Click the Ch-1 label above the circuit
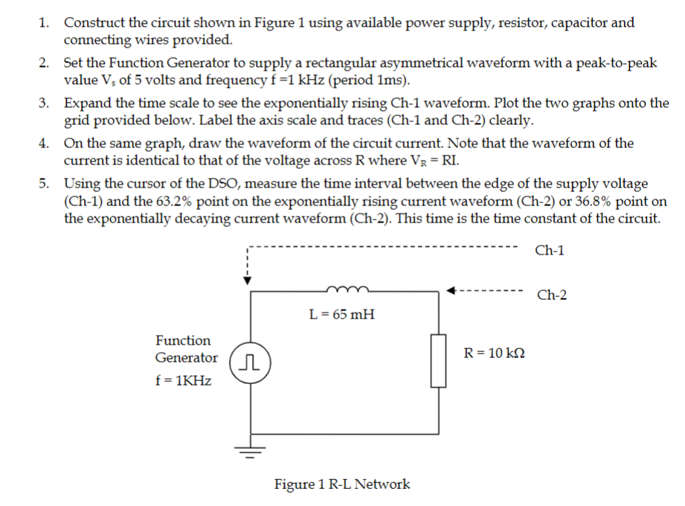pyautogui.click(x=549, y=251)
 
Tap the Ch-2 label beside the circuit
pyautogui.click(x=551, y=295)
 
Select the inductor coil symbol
pyautogui.click(x=342, y=289)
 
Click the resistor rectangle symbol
pyautogui.click(x=437, y=360)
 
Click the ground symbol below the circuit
pyautogui.click(x=249, y=449)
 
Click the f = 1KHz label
pyautogui.click(x=183, y=381)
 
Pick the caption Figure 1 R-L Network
pyautogui.click(x=341, y=484)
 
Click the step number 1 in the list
pyautogui.click(x=45, y=22)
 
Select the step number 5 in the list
pyautogui.click(x=45, y=183)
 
